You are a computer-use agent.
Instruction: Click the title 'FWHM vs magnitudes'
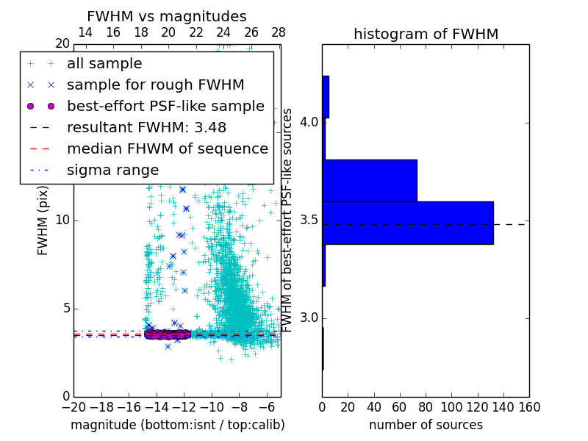pyautogui.click(x=167, y=16)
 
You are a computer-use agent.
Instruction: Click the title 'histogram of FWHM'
pyautogui.click(x=426, y=34)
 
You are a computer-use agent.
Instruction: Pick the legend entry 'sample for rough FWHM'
pyautogui.click(x=155, y=85)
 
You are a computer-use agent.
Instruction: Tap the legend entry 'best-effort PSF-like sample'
pyautogui.click(x=165, y=106)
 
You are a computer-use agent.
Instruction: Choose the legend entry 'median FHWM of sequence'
pyautogui.click(x=167, y=148)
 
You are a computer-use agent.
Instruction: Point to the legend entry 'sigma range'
pyautogui.click(x=112, y=170)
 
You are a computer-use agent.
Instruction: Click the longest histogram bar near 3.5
pyautogui.click(x=408, y=223)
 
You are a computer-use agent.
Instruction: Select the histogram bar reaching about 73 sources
pyautogui.click(x=370, y=180)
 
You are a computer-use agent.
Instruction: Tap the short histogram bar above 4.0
pyautogui.click(x=326, y=96)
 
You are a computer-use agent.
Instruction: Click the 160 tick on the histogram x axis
pyautogui.click(x=529, y=407)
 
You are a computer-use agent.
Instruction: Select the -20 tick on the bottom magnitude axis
pyautogui.click(x=73, y=407)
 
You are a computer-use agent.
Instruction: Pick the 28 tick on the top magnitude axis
pyautogui.click(x=279, y=32)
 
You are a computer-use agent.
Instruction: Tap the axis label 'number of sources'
pyautogui.click(x=426, y=425)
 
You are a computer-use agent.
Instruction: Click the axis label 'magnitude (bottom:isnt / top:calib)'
pyautogui.click(x=177, y=425)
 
